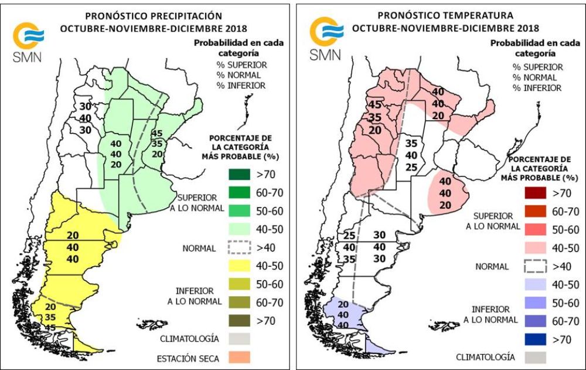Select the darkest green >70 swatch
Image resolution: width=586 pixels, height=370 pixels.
tap(239, 174)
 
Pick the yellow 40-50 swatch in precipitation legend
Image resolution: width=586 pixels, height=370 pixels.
tap(239, 266)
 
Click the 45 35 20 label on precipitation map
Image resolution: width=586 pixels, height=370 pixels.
tap(156, 143)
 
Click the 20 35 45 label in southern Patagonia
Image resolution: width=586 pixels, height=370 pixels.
tap(50, 317)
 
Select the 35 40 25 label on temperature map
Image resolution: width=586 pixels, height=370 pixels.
tap(412, 155)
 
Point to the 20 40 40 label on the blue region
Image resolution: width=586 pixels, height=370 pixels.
tap(343, 314)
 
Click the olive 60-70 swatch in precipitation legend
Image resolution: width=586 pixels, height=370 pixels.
tap(239, 302)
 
